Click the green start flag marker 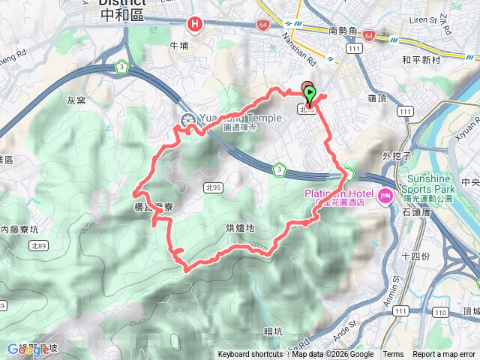pos(310,94)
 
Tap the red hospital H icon pos(195,25)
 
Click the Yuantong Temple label pos(241,118)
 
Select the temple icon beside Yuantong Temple pos(187,119)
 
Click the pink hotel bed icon pos(386,196)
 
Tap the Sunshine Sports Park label pos(427,184)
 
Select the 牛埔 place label pos(178,46)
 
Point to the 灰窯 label pos(77,100)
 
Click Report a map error pos(444,355)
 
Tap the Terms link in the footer pos(393,355)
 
